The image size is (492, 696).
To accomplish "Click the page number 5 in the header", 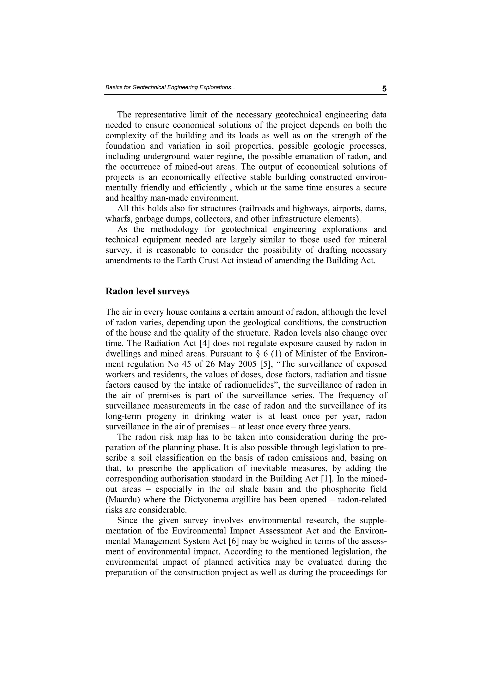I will tap(384, 89).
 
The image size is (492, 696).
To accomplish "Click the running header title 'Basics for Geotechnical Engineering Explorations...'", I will tap(170, 87).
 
